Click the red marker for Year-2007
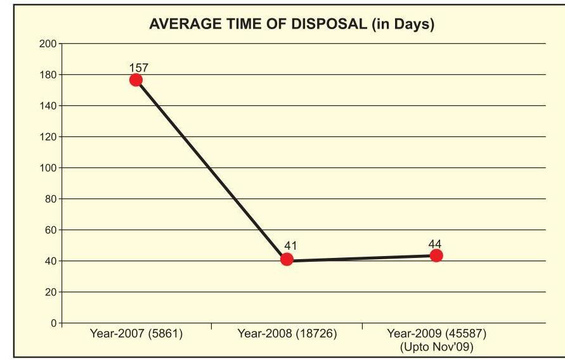click(136, 80)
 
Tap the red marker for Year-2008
click(287, 259)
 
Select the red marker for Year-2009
click(436, 255)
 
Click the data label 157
click(138, 67)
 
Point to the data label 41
click(291, 246)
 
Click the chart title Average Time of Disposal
click(291, 25)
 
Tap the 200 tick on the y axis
click(48, 44)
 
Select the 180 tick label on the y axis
click(48, 75)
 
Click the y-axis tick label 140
click(48, 106)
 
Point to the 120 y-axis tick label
click(48, 137)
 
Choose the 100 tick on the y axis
click(48, 168)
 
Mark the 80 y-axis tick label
click(51, 199)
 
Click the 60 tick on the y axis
click(51, 230)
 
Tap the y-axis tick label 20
click(51, 292)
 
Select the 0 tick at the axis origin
click(53, 323)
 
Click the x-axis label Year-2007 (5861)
click(136, 334)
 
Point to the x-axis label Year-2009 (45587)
click(436, 334)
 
